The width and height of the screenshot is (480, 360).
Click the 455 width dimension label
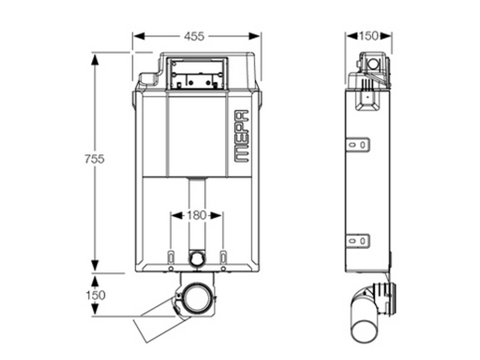coord(194,36)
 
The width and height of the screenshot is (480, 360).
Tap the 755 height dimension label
coord(95,158)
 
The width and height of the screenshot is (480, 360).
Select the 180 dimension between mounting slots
coord(196,215)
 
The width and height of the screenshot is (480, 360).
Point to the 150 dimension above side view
coord(368,35)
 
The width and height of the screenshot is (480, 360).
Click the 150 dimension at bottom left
coord(95,295)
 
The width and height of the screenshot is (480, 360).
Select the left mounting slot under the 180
coord(171,257)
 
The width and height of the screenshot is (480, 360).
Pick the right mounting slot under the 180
coord(223,257)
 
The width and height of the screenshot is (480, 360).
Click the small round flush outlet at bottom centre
coord(196,259)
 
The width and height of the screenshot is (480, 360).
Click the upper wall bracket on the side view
coord(358,144)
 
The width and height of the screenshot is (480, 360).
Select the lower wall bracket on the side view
coord(358,241)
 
